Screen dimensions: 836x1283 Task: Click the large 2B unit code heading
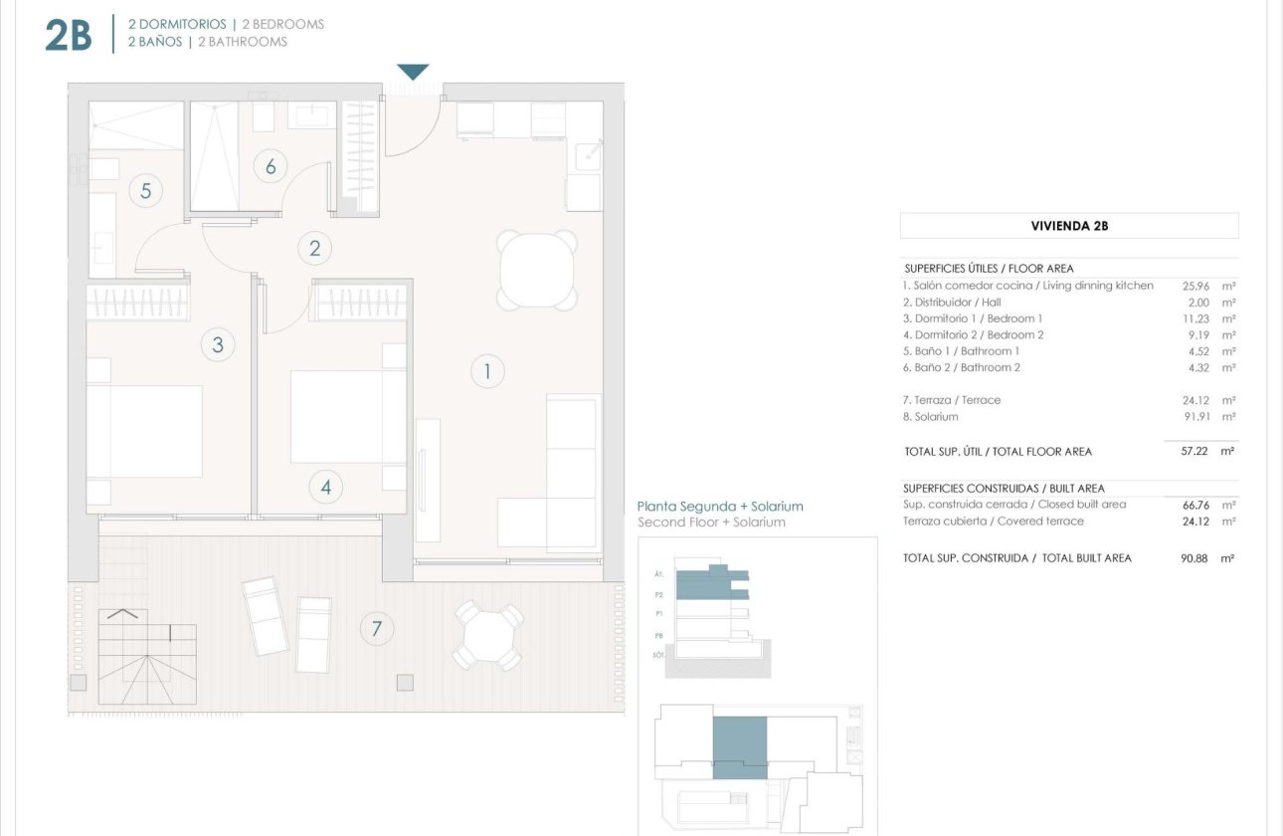[x=68, y=34]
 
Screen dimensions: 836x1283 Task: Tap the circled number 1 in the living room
[x=487, y=372]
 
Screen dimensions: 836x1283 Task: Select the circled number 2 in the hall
[x=315, y=248]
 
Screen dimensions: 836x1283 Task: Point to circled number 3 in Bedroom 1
[x=218, y=345]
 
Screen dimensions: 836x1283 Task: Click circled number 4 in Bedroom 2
[x=325, y=488]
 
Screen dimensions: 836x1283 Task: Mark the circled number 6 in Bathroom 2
[x=270, y=166]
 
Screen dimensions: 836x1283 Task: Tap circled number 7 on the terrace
[x=376, y=628]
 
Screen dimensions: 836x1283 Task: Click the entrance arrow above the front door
[x=413, y=72]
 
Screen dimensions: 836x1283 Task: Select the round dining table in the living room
[x=537, y=270]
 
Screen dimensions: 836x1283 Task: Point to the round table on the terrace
[x=488, y=635]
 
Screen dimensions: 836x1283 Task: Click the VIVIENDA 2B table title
[x=1069, y=226]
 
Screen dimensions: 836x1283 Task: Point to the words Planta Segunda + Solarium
[x=719, y=506]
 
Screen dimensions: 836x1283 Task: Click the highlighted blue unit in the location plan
[x=740, y=747]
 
